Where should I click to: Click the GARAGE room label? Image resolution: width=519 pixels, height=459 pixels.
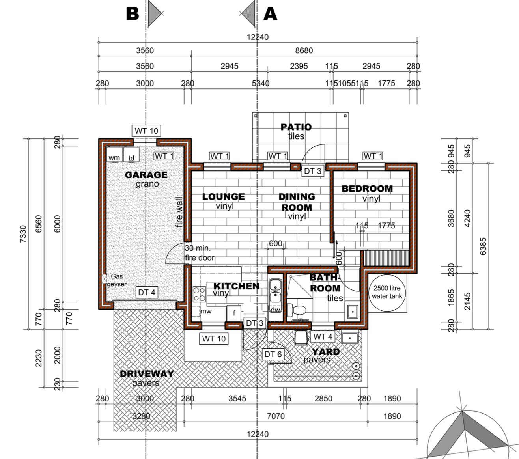(x=146, y=175)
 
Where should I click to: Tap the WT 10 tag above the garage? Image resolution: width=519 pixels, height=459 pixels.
(x=146, y=131)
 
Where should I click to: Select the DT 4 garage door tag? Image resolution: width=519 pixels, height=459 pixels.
(x=147, y=292)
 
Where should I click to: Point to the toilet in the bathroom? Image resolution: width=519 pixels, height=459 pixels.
(x=297, y=310)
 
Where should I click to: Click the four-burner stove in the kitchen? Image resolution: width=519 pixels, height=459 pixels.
(x=199, y=294)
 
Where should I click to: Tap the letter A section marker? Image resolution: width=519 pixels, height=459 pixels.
(x=270, y=13)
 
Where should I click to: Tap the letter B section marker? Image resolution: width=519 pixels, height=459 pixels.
(x=133, y=13)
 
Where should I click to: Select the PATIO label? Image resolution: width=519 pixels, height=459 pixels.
(x=296, y=127)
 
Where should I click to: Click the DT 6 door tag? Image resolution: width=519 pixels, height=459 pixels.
(x=273, y=354)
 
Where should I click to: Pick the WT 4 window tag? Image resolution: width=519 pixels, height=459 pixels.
(x=323, y=337)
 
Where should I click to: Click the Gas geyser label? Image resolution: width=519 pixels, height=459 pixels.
(x=117, y=280)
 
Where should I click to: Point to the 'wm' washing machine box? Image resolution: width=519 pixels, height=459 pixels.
(x=114, y=155)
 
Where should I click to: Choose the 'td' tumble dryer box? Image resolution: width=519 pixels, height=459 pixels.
(x=131, y=155)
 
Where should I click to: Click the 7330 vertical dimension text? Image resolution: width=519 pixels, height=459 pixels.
(x=23, y=233)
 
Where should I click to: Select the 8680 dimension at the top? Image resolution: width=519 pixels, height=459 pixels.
(x=304, y=50)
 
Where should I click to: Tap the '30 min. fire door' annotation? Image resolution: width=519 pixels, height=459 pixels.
(x=200, y=253)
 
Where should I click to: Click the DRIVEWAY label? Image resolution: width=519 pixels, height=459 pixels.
(x=147, y=374)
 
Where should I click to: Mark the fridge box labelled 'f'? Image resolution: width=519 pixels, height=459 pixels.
(x=234, y=313)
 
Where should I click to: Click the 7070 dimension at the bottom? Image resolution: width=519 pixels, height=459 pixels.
(x=276, y=416)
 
